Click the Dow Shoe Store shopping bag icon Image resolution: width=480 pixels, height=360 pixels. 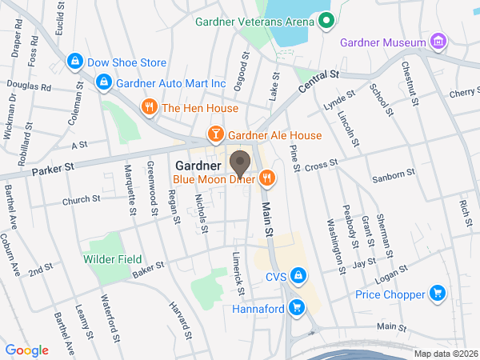74,62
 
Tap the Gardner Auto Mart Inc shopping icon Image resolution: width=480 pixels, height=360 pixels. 103,82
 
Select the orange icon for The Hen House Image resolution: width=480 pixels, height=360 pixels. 148,107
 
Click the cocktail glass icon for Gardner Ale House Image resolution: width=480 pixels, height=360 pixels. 214,134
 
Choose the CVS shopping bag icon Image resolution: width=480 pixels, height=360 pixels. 298,277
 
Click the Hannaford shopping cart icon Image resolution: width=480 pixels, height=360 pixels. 296,307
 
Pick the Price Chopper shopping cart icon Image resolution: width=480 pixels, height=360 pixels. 437,294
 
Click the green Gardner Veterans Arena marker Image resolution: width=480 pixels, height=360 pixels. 326,21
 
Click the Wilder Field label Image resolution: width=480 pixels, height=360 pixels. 112,259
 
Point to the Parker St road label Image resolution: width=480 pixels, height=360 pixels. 53,169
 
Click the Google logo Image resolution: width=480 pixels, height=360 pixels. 27,350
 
